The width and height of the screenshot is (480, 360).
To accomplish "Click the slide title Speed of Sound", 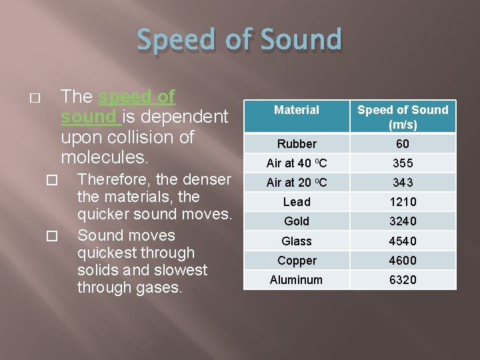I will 239,40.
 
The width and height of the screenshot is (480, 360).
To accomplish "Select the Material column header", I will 297,110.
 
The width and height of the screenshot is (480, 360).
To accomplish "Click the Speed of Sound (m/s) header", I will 403,117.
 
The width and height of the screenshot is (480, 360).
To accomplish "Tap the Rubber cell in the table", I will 297,144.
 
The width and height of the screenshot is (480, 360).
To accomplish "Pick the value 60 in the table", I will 403,144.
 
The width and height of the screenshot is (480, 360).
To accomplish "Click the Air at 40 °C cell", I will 297,163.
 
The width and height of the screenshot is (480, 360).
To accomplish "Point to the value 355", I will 403,163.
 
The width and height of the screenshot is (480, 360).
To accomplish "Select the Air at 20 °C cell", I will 297,183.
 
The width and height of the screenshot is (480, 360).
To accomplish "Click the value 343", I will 403,183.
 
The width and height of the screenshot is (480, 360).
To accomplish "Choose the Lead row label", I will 297,202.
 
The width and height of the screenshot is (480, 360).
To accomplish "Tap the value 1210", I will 403,202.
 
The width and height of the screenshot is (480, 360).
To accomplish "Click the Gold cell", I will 297,221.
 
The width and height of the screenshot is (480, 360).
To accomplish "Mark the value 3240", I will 403,221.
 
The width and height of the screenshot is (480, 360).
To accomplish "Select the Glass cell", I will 297,241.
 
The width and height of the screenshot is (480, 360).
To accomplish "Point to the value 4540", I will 403,241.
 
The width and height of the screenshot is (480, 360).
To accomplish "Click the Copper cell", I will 297,261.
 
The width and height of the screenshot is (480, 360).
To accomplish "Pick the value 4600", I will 403,261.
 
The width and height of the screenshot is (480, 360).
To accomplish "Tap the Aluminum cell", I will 297,280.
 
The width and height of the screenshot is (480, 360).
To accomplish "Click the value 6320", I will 403,280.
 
